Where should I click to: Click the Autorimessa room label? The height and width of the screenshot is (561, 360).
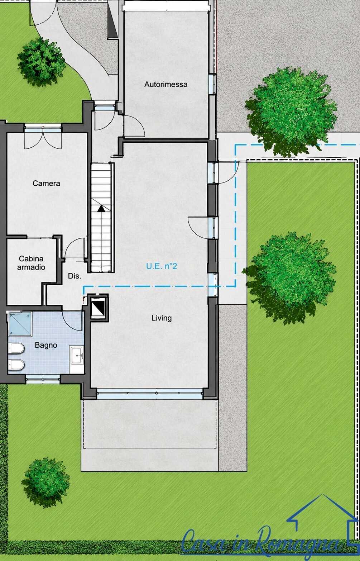pos(166,84)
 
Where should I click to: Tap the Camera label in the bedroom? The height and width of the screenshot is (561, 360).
pos(46,183)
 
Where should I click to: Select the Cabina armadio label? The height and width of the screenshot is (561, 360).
pos(31,263)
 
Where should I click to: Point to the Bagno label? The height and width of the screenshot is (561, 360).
pos(46,345)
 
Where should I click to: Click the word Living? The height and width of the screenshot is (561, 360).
pos(162,318)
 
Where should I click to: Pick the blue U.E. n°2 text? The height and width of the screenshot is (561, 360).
pos(162,266)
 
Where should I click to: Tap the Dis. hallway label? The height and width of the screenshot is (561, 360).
pos(75,276)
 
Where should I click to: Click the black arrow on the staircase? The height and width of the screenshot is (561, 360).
pos(101,208)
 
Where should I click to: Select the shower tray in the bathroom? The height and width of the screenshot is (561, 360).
pos(20,324)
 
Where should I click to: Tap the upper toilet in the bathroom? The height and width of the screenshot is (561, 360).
pos(16,348)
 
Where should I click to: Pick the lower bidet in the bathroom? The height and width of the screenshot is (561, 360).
pos(16,365)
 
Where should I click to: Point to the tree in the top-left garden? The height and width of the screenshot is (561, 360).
pos(41,61)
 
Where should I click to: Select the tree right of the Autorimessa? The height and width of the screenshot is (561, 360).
pos(291,111)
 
